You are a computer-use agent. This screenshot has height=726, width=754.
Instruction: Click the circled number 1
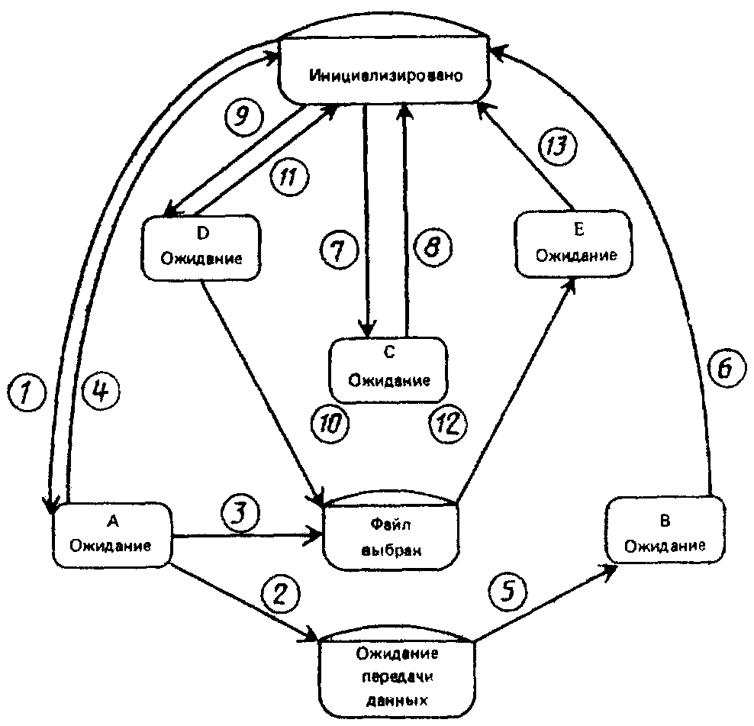(x=27, y=392)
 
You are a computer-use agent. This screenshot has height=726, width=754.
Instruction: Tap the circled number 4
(x=101, y=392)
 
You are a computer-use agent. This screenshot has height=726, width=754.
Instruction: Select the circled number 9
(x=243, y=116)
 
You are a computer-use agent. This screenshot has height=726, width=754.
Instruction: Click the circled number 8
(x=433, y=247)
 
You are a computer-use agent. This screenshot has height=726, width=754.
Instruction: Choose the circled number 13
(x=558, y=146)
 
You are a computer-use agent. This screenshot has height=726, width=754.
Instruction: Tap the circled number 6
(x=727, y=369)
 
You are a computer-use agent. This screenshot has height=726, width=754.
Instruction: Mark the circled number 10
(x=331, y=424)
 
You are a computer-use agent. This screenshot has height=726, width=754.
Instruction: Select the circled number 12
(x=448, y=424)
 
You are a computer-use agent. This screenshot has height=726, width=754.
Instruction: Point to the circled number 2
(x=280, y=594)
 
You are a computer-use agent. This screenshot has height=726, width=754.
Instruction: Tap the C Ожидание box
(x=388, y=369)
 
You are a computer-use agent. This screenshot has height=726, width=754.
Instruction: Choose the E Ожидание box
(x=574, y=244)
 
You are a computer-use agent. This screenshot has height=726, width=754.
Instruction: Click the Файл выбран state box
(x=391, y=531)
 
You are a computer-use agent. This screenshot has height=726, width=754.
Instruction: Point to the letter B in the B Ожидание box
(x=665, y=521)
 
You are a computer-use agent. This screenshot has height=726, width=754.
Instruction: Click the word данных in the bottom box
(x=397, y=701)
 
